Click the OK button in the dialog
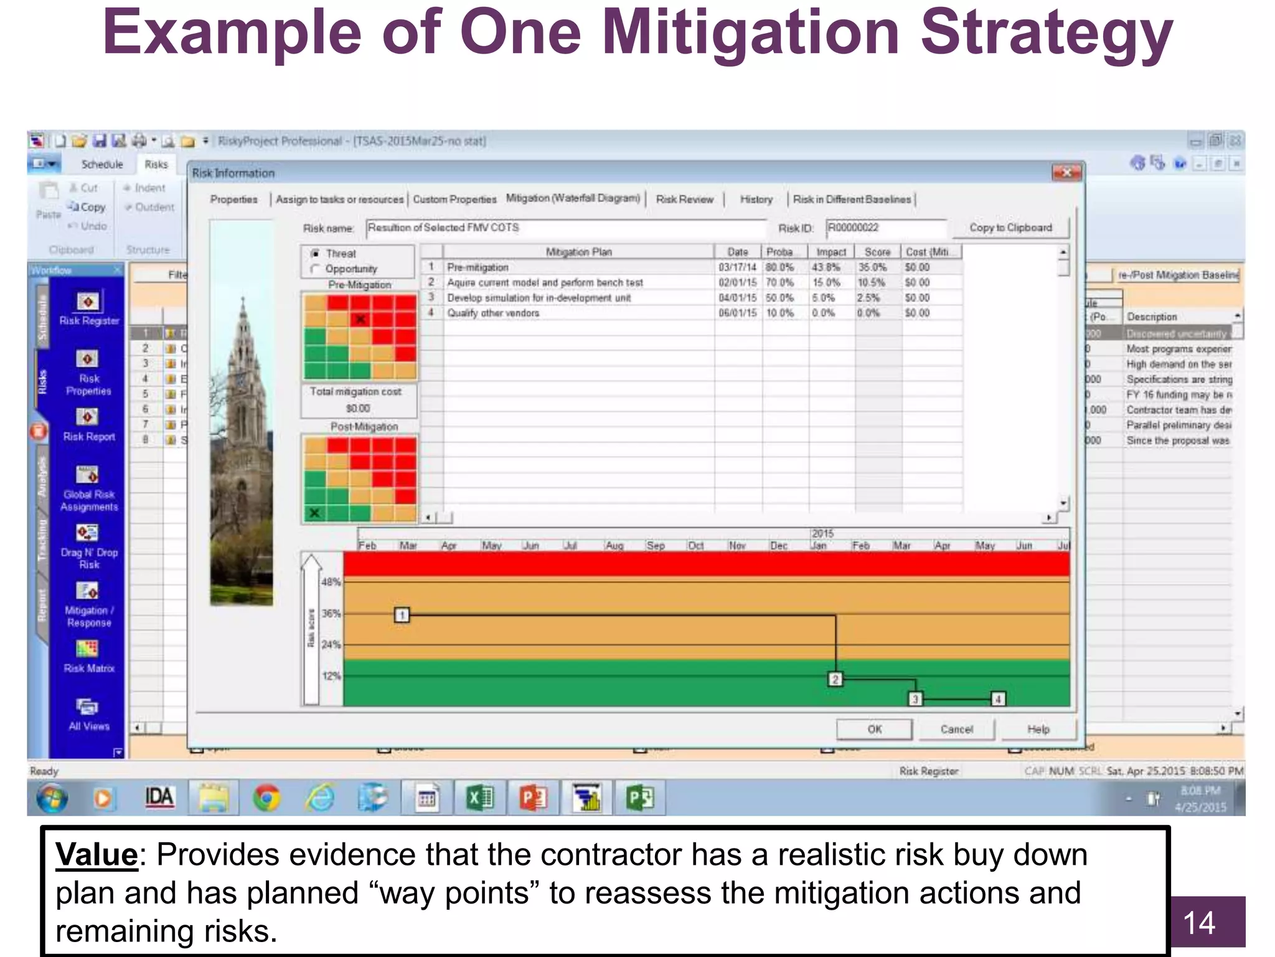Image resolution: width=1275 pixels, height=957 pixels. click(x=874, y=729)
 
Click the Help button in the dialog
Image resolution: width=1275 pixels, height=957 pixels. click(x=1038, y=729)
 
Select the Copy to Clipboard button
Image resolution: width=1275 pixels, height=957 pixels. click(x=1010, y=228)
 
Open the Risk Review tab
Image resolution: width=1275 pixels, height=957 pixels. click(x=684, y=199)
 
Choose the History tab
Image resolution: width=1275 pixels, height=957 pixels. click(x=756, y=199)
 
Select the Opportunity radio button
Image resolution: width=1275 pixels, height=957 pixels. click(x=315, y=269)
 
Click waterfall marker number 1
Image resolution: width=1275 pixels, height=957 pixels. click(x=402, y=616)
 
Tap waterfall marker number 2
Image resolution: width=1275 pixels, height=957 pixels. click(x=835, y=679)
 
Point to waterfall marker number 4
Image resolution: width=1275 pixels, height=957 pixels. click(x=998, y=699)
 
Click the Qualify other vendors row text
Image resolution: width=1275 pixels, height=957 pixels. click(x=493, y=313)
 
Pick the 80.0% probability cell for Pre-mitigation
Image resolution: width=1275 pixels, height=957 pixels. click(x=779, y=267)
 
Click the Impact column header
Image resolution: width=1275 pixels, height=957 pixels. click(x=831, y=252)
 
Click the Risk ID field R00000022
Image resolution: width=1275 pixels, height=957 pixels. click(x=885, y=228)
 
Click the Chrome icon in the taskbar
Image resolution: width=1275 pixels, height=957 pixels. click(x=266, y=798)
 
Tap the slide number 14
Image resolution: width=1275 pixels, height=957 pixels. click(x=1198, y=923)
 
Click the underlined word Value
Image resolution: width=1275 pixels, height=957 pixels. click(x=96, y=855)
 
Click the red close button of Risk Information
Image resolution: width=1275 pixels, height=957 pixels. click(x=1066, y=173)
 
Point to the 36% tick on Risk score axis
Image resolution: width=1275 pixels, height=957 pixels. click(x=331, y=614)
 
